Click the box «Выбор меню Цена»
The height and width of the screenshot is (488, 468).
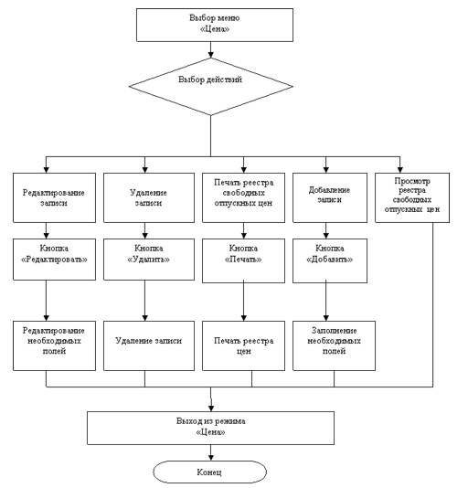click(x=215, y=25)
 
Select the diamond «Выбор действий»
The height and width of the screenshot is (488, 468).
click(x=211, y=87)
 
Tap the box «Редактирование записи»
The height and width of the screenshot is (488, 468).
click(x=54, y=197)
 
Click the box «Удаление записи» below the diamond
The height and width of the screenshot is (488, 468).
click(x=149, y=197)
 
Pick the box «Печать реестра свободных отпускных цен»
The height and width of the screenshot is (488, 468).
click(x=243, y=197)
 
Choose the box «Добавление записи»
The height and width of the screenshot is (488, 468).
click(x=330, y=197)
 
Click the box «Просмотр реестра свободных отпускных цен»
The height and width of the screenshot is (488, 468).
click(x=412, y=197)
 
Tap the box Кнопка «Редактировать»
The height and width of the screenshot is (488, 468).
click(x=54, y=260)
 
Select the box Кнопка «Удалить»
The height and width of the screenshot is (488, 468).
click(x=149, y=260)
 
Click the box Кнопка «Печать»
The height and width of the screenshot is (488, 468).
click(x=243, y=260)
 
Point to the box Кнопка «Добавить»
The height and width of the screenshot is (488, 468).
click(x=330, y=260)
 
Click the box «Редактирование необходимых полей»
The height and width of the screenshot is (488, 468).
click(x=54, y=345)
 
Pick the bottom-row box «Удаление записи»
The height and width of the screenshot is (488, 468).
click(x=149, y=345)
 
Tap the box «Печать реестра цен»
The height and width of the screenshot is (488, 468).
click(x=243, y=345)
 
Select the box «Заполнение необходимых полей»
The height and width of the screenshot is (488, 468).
click(x=334, y=345)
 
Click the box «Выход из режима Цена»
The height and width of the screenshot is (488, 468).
click(x=210, y=428)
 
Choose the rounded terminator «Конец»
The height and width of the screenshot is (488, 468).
click(x=209, y=472)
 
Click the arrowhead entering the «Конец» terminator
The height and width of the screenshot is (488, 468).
click(x=211, y=458)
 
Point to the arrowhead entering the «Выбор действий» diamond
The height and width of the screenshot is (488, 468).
click(x=211, y=55)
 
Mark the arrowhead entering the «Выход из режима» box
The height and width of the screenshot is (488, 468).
click(x=211, y=408)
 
